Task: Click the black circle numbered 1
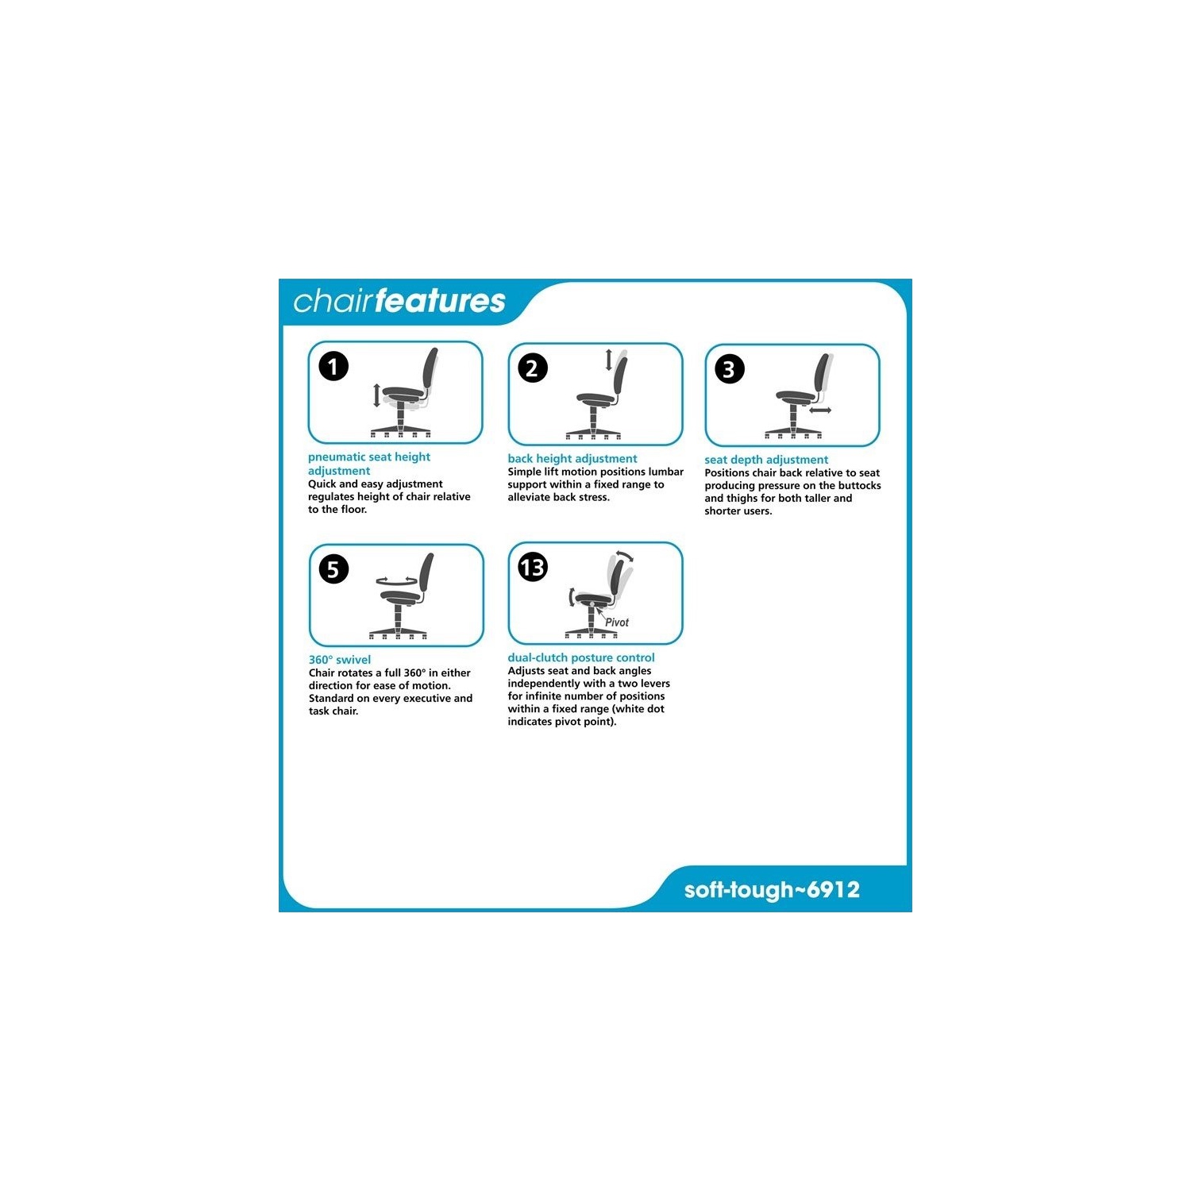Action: click(333, 367)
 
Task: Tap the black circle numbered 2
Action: click(533, 368)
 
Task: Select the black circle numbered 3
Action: click(730, 369)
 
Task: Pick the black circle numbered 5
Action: click(333, 569)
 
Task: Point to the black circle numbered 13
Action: click(533, 568)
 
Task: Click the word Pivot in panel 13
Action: click(617, 622)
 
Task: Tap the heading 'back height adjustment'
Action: click(572, 459)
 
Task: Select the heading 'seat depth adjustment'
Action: click(766, 460)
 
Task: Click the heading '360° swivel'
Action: click(340, 660)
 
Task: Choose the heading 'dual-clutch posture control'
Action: click(581, 657)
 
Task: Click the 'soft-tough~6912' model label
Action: click(772, 890)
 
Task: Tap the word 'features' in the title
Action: click(441, 302)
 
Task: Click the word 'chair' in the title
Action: click(333, 302)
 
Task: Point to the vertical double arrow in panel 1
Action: click(377, 395)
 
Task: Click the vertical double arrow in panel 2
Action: click(609, 360)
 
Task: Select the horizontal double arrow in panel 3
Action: click(820, 410)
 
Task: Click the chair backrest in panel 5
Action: click(426, 572)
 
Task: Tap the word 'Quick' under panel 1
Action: click(322, 484)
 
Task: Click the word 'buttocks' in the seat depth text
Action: click(858, 486)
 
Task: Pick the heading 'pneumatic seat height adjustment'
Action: click(369, 464)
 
